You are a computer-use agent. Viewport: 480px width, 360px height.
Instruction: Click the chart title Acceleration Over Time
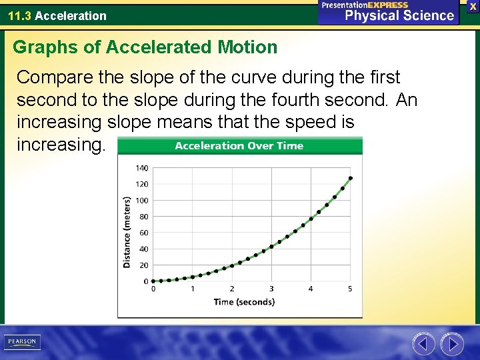(x=239, y=146)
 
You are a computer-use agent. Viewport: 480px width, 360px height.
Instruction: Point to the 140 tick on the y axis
(x=142, y=168)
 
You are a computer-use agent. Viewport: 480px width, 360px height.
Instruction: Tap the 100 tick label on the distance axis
(x=142, y=201)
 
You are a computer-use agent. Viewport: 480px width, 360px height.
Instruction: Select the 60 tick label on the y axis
(x=143, y=233)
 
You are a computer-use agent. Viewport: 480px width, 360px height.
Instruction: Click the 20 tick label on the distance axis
(x=143, y=265)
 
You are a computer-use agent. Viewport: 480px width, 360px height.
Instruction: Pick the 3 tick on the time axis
(x=271, y=289)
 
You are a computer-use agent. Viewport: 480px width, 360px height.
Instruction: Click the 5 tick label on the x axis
(x=350, y=289)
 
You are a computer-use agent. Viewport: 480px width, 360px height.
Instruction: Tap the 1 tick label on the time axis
(x=193, y=289)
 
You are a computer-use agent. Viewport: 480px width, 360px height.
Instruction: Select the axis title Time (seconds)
(x=244, y=302)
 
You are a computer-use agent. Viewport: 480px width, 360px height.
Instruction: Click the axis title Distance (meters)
(x=127, y=232)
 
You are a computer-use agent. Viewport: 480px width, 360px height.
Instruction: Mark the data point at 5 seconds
(x=351, y=178)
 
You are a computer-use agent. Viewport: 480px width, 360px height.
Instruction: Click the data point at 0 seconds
(x=153, y=281)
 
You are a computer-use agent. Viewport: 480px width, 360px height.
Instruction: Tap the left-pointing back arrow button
(x=423, y=344)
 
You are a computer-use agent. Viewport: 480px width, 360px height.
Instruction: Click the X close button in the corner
(x=473, y=6)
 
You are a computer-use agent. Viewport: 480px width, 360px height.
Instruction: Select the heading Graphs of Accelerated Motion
(x=145, y=47)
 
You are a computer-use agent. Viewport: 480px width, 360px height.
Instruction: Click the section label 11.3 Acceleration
(x=57, y=15)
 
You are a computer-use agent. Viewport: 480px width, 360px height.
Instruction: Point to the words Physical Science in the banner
(x=399, y=16)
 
